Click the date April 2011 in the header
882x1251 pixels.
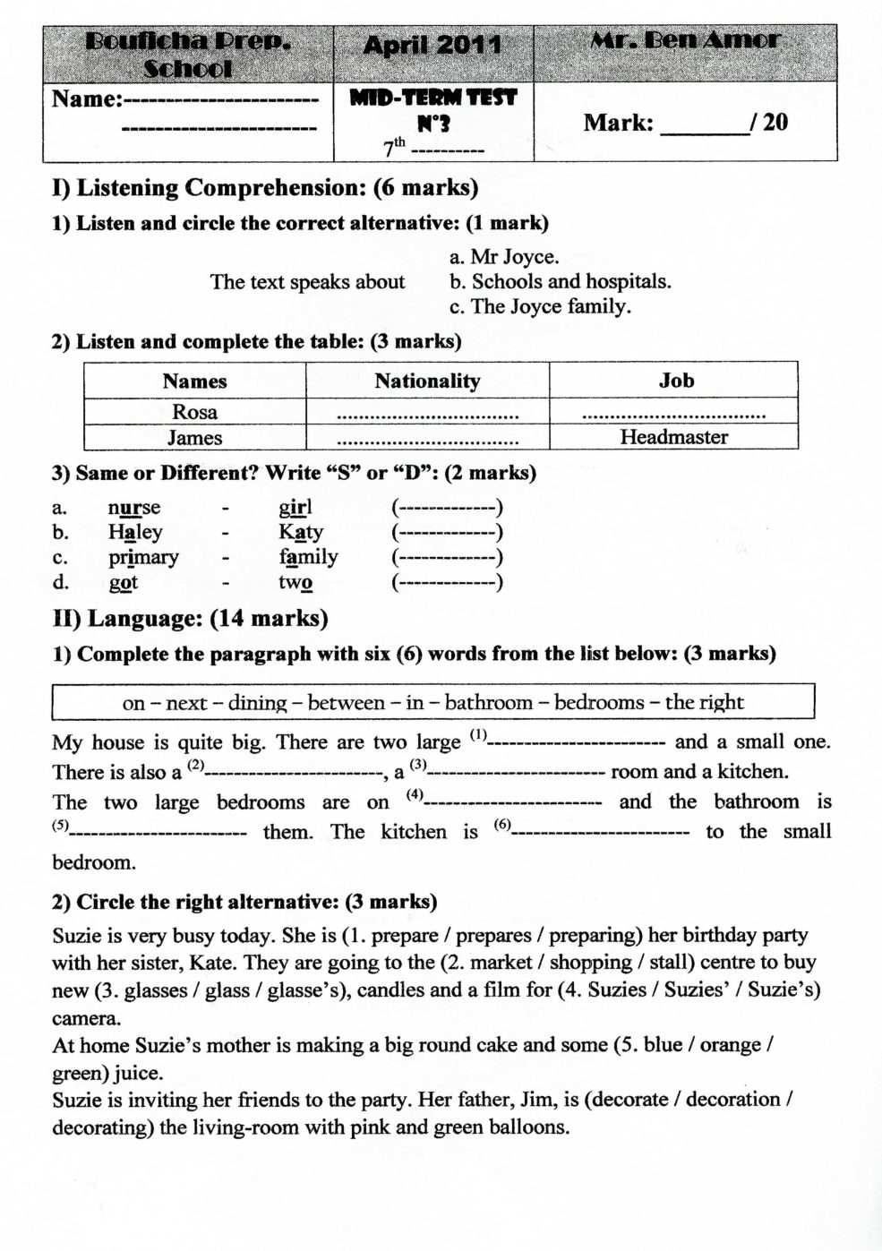pos(432,45)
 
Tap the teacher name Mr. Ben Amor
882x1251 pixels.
pos(685,40)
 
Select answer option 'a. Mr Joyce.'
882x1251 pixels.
pos(504,257)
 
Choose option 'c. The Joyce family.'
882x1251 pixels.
pos(540,306)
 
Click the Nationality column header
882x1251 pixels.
pos(427,381)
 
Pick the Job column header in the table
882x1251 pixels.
pos(676,381)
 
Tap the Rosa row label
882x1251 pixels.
pos(194,412)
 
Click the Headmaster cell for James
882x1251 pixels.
pos(673,437)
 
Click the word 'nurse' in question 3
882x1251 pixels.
pos(134,508)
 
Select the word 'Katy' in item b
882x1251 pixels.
pos(300,532)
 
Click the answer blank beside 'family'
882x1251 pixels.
pos(448,558)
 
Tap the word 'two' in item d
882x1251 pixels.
pos(295,583)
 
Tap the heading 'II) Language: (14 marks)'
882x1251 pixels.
pos(190,618)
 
